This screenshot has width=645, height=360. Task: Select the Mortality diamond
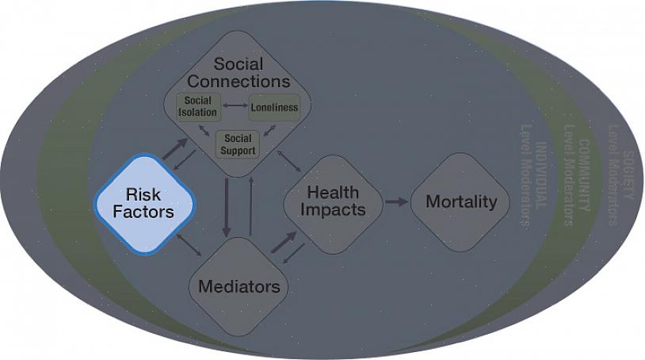coord(460,201)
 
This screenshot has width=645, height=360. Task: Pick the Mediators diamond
coord(239,285)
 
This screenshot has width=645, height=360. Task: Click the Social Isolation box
coord(198,106)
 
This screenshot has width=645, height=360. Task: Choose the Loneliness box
coord(274,107)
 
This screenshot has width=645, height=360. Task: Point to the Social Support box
coord(238,144)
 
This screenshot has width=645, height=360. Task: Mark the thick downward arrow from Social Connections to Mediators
coord(227,208)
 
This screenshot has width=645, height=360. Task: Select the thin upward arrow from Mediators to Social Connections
coord(250,205)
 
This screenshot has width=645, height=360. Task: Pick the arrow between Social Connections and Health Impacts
coord(288,159)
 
